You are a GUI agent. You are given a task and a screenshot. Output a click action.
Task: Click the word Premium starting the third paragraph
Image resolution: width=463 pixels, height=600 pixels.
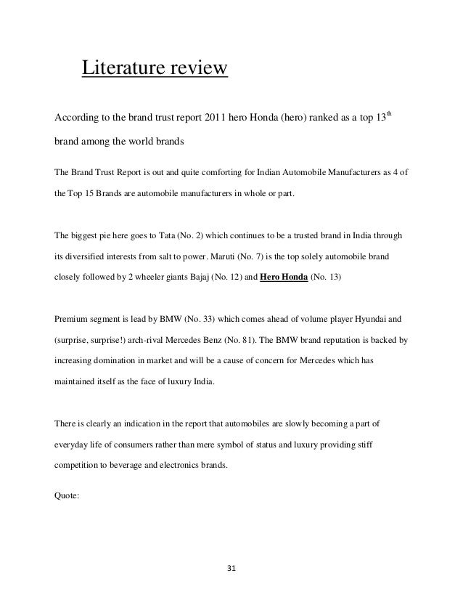[x=73, y=317]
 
